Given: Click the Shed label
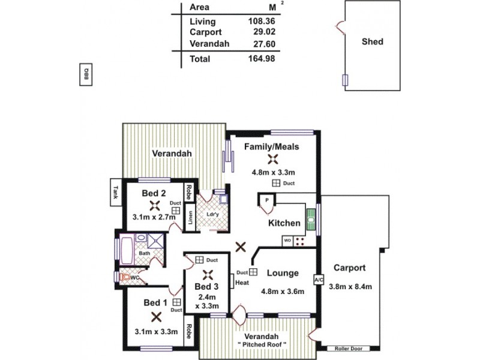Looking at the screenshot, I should pyautogui.click(x=373, y=42).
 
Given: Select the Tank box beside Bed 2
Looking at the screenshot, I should pyautogui.click(x=115, y=192).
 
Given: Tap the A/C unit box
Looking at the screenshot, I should pyautogui.click(x=318, y=280).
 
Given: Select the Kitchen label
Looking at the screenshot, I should pyautogui.click(x=284, y=223).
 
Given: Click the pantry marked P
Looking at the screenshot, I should pyautogui.click(x=266, y=200).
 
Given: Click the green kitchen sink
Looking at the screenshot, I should pyautogui.click(x=311, y=219).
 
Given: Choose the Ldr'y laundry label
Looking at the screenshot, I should pyautogui.click(x=212, y=214).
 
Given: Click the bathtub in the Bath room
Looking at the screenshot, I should pyautogui.click(x=127, y=251).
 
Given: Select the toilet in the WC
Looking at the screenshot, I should pyautogui.click(x=125, y=278).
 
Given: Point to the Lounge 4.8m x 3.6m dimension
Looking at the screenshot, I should pyautogui.click(x=282, y=292).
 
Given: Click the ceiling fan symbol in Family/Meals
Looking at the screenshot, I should pyautogui.click(x=273, y=159).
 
